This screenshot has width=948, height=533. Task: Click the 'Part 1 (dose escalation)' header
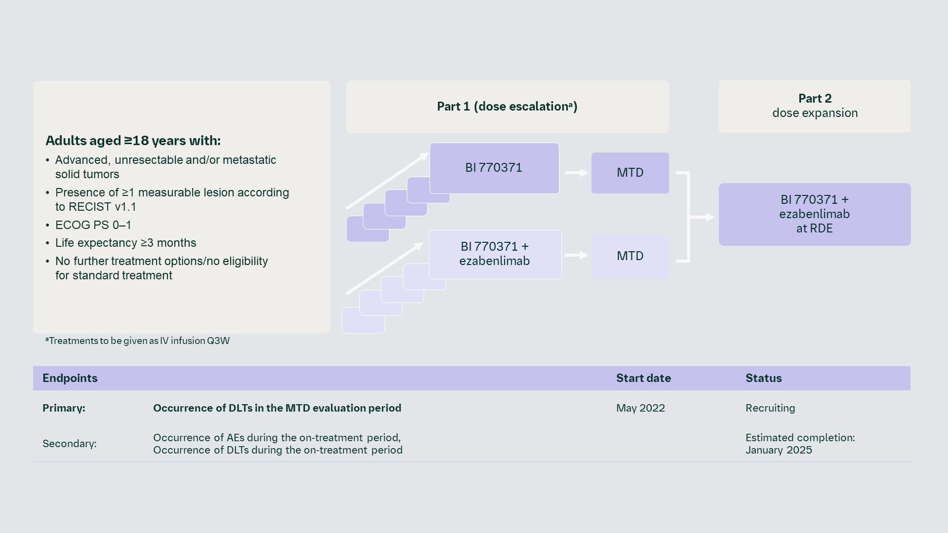507,107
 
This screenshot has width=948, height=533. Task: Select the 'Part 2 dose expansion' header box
815,106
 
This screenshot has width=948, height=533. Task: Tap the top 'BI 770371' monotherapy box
494,168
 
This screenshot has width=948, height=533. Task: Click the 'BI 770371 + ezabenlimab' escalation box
495,254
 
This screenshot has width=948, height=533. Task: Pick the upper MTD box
630,173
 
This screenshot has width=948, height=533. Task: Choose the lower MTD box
630,256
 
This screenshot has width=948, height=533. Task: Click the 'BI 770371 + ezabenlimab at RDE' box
815,214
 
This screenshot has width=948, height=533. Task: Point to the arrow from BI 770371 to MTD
576,173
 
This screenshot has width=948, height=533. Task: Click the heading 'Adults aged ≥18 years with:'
133,141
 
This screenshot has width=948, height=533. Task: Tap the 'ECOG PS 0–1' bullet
93,225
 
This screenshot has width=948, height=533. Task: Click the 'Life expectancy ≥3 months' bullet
125,243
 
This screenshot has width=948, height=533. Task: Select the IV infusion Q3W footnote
138,341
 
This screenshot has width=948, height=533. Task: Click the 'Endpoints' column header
70,379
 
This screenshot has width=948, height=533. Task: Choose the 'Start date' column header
643,379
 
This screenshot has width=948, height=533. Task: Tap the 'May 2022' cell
640,408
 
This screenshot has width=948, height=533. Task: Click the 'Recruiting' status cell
770,408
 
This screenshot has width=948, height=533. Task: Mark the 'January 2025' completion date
779,450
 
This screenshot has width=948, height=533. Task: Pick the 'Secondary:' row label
70,444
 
